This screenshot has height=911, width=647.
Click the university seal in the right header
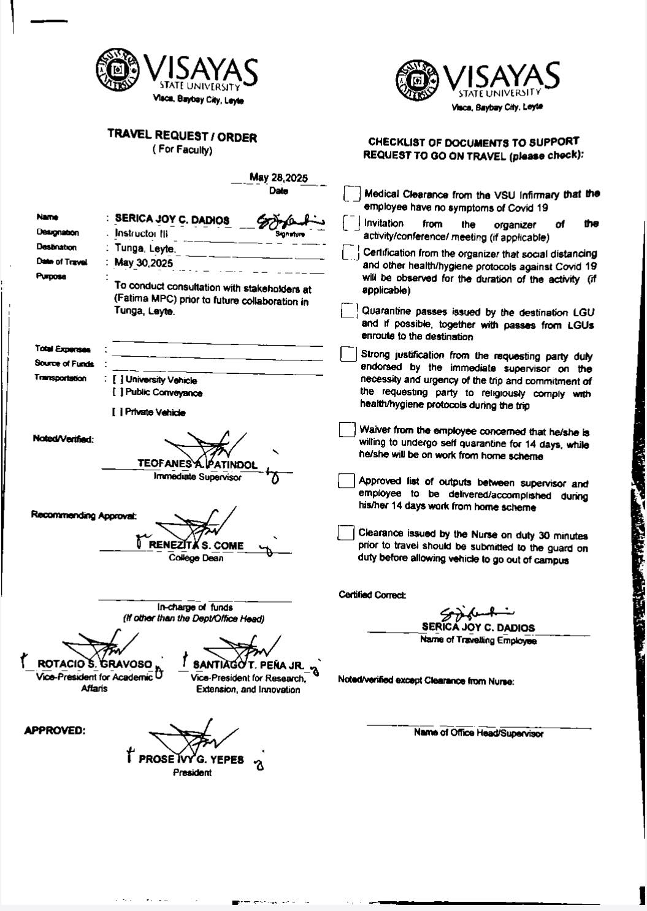click(418, 80)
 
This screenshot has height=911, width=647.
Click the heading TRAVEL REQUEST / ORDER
click(182, 137)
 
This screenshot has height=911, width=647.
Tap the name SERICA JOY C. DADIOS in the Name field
click(172, 219)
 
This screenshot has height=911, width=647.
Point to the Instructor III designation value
click(141, 234)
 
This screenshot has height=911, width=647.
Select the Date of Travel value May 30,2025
click(144, 263)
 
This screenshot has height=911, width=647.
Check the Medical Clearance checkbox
click(351, 194)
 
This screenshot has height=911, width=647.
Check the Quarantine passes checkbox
click(348, 311)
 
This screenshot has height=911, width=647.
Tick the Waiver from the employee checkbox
click(346, 429)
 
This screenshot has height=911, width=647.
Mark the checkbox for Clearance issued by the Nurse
click(345, 533)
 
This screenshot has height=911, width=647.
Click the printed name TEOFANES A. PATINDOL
click(197, 465)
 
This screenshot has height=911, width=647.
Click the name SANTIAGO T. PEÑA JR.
click(248, 665)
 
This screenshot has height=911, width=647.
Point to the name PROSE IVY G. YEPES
click(191, 759)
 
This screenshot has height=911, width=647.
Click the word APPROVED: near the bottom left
click(54, 730)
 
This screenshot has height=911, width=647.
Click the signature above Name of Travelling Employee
click(477, 612)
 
